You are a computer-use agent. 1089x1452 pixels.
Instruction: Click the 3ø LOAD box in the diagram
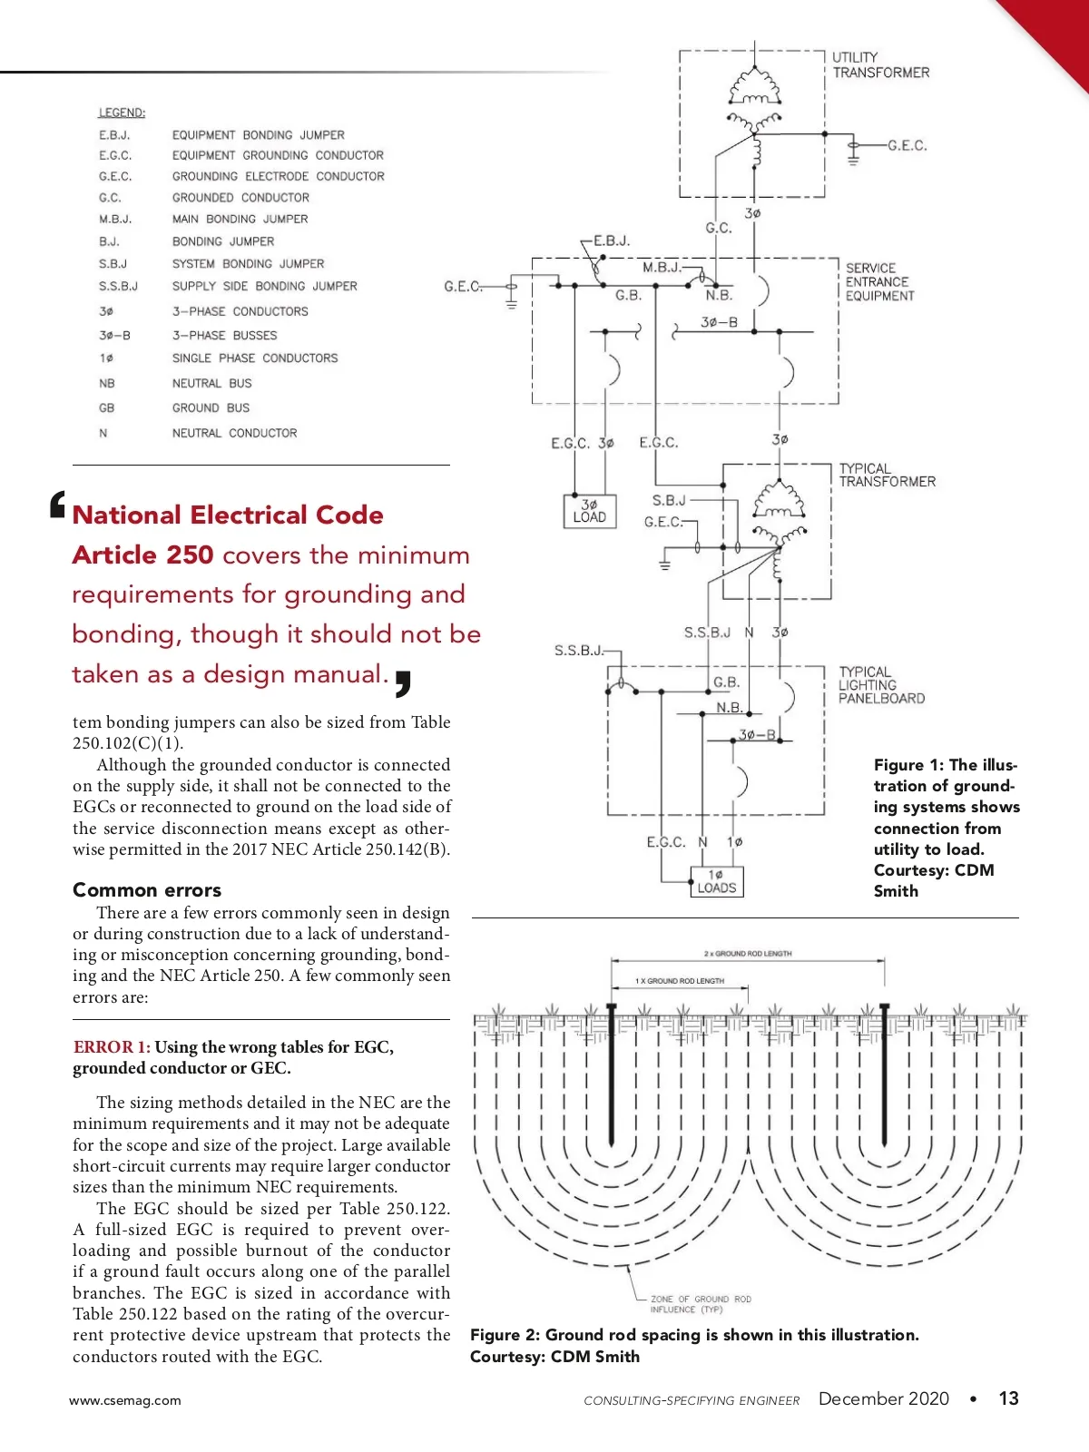[x=589, y=511]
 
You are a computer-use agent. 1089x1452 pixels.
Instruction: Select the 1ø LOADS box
[x=716, y=881]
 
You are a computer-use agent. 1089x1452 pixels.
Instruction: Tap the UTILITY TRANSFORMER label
[x=880, y=64]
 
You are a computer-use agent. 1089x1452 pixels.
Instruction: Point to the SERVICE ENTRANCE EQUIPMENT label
[x=878, y=281]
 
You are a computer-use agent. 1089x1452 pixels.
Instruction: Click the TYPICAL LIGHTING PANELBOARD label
[x=881, y=685]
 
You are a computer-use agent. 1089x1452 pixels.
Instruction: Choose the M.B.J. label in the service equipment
[x=661, y=268]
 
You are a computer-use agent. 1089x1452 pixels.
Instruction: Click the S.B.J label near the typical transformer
[x=669, y=500]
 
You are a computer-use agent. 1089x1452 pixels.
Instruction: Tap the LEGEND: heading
[x=122, y=113]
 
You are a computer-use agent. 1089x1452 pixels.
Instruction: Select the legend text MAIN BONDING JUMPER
[x=240, y=219]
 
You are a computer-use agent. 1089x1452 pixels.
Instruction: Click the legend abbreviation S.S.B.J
[x=118, y=286]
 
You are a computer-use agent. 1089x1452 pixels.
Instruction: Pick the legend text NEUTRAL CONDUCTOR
[x=234, y=433]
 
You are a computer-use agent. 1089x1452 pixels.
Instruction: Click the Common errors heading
[x=147, y=889]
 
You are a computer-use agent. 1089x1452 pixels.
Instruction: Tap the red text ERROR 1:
[x=112, y=1047]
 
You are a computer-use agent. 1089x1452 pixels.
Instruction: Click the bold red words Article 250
[x=142, y=554]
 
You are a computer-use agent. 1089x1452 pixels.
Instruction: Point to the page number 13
[x=1008, y=1398]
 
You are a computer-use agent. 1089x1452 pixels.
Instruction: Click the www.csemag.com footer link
[x=124, y=1400]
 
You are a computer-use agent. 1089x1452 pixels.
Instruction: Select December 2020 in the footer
[x=883, y=1398]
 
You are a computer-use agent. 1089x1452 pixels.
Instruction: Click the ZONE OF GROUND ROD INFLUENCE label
[x=700, y=1304]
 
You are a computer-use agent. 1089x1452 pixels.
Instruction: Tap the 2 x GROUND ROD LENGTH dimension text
[x=748, y=954]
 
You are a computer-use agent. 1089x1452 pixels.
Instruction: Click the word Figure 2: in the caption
[x=505, y=1335]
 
